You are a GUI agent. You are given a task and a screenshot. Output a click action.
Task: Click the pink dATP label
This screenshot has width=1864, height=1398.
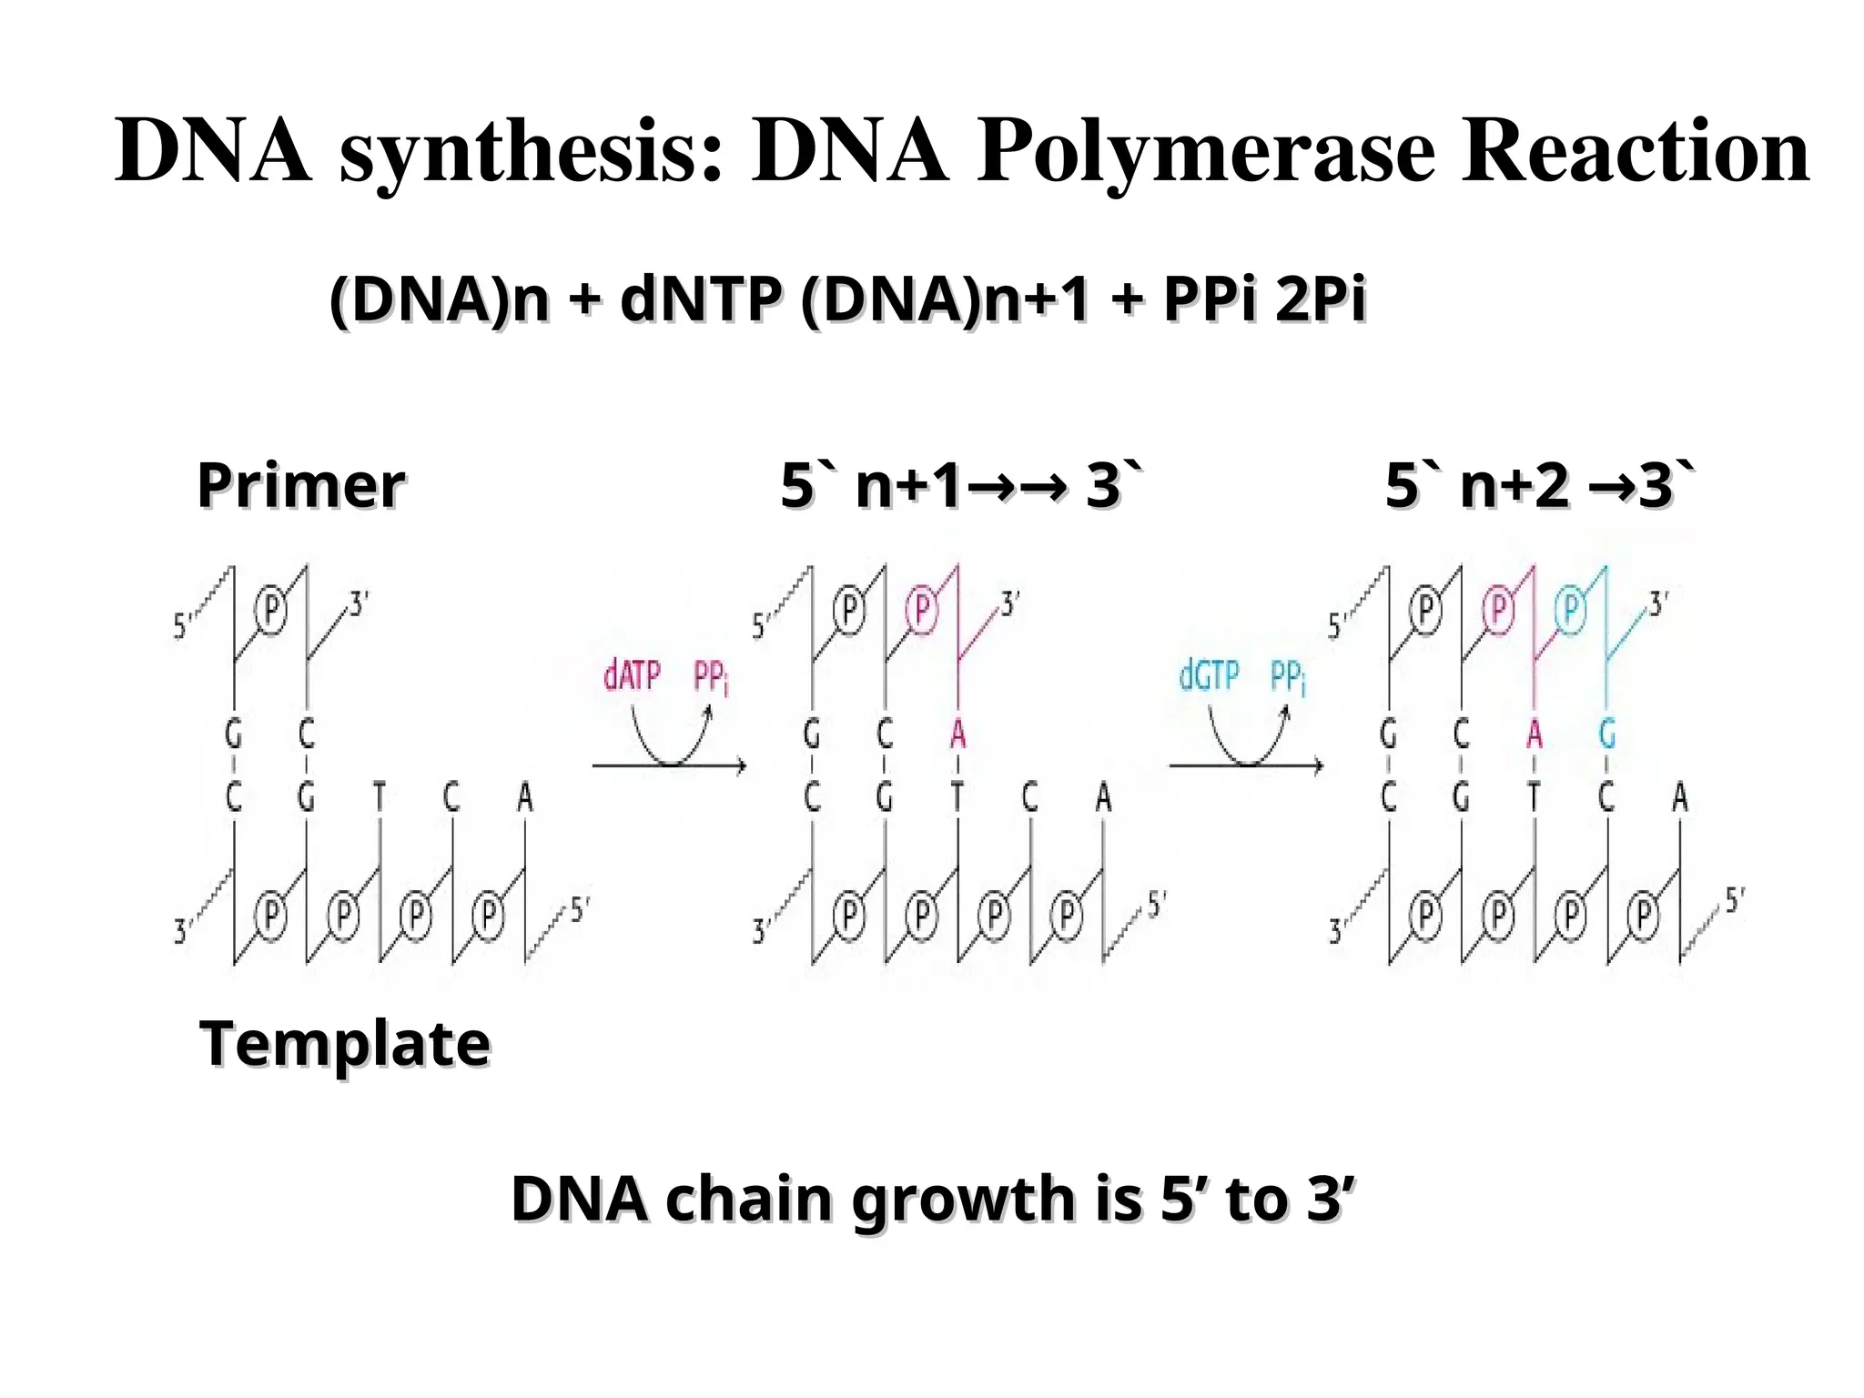632,676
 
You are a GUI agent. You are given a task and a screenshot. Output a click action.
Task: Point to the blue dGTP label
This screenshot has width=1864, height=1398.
1209,676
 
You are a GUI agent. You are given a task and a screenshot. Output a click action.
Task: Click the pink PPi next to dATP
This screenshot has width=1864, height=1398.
711,678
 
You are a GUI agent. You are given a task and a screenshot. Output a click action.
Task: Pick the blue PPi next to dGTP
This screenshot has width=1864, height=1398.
1288,678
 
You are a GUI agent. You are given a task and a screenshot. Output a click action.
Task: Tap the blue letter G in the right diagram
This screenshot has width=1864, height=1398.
1607,733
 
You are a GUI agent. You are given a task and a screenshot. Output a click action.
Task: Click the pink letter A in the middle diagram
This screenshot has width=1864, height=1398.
957,733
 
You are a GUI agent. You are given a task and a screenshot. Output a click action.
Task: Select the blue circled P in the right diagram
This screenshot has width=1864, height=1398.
1570,609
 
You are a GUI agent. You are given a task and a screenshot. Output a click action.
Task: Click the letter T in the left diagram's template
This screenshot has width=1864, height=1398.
380,798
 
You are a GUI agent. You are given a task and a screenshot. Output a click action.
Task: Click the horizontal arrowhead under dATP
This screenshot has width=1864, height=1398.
739,766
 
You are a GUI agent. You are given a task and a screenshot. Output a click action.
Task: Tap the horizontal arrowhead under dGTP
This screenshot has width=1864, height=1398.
1316,766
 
